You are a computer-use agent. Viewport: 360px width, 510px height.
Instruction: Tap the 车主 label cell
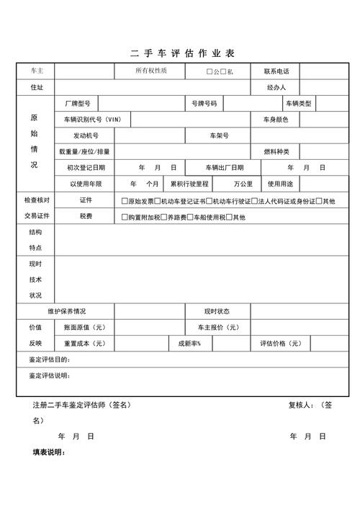pyautogui.click(x=37, y=71)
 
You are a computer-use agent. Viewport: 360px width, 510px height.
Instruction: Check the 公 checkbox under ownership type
pyautogui.click(x=210, y=72)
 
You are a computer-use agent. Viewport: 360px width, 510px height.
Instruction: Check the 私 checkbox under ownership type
pyautogui.click(x=223, y=72)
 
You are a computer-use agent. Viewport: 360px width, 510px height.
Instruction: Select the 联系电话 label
pyautogui.click(x=276, y=71)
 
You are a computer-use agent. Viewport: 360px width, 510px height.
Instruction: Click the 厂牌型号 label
pyautogui.click(x=76, y=104)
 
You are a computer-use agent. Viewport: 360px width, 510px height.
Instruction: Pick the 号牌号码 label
pyautogui.click(x=204, y=104)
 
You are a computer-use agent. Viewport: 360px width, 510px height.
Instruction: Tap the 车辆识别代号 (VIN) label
pyautogui.click(x=92, y=120)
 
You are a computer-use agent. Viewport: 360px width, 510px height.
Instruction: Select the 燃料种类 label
pyautogui.click(x=276, y=151)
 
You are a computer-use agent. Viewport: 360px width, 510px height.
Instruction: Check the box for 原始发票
pyautogui.click(x=125, y=201)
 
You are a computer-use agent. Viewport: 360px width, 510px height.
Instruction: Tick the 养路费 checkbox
pyautogui.click(x=164, y=217)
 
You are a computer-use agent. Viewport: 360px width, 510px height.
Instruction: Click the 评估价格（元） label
pyautogui.click(x=276, y=343)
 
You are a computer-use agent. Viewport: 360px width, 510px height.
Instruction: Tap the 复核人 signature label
pyautogui.click(x=300, y=405)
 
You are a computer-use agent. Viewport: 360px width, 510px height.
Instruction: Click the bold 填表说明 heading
pyautogui.click(x=49, y=452)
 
